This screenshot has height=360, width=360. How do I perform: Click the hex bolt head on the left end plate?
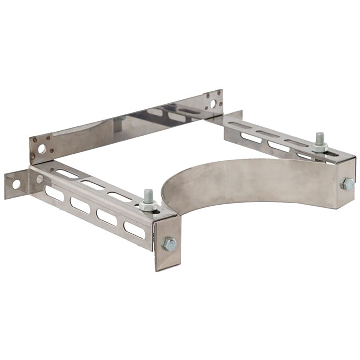coord(169,244)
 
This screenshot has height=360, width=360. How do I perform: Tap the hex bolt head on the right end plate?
coord(347,184)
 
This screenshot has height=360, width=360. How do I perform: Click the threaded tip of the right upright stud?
coord(319,137)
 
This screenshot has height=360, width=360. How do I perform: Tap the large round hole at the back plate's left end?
coord(42,148)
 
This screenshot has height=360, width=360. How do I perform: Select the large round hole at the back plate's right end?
coord(213,104)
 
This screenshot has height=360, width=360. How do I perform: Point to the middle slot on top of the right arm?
coord(268,134)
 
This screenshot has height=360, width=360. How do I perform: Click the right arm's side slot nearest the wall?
coord(248,137)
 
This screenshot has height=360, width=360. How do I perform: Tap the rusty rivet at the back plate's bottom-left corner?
coord(33,156)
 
